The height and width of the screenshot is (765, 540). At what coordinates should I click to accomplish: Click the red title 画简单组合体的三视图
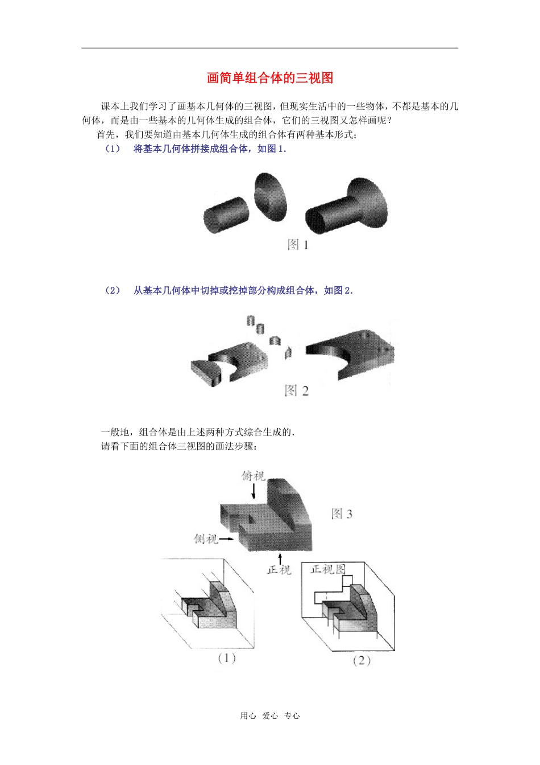270,78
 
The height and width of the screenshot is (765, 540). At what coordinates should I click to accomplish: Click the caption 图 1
298,245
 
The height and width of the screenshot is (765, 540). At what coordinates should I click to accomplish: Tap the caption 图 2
297,390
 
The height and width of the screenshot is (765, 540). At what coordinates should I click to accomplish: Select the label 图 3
342,513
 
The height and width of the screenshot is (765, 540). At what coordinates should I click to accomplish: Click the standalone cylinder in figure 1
226,215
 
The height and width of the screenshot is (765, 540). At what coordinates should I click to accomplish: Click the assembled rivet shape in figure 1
346,206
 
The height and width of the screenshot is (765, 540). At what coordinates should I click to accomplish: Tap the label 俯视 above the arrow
253,475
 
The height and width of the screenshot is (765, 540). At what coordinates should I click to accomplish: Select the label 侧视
206,539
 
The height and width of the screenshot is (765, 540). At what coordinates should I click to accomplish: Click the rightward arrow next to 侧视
226,539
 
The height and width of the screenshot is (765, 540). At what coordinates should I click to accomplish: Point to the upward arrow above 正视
280,559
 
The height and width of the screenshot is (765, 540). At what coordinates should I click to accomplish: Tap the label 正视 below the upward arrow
279,570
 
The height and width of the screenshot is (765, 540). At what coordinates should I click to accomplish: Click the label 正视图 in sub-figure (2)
328,569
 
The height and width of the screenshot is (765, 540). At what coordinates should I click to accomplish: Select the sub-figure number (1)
226,658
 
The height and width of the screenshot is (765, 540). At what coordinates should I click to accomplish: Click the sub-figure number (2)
362,661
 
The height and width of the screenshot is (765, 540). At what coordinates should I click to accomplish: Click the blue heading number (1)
113,149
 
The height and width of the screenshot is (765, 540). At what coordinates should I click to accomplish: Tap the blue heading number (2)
113,291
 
